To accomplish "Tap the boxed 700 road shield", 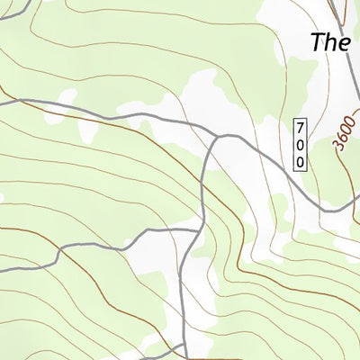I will coord(300,145).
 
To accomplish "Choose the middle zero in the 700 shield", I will coord(300,145).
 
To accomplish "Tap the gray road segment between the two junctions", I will coord(205,184).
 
